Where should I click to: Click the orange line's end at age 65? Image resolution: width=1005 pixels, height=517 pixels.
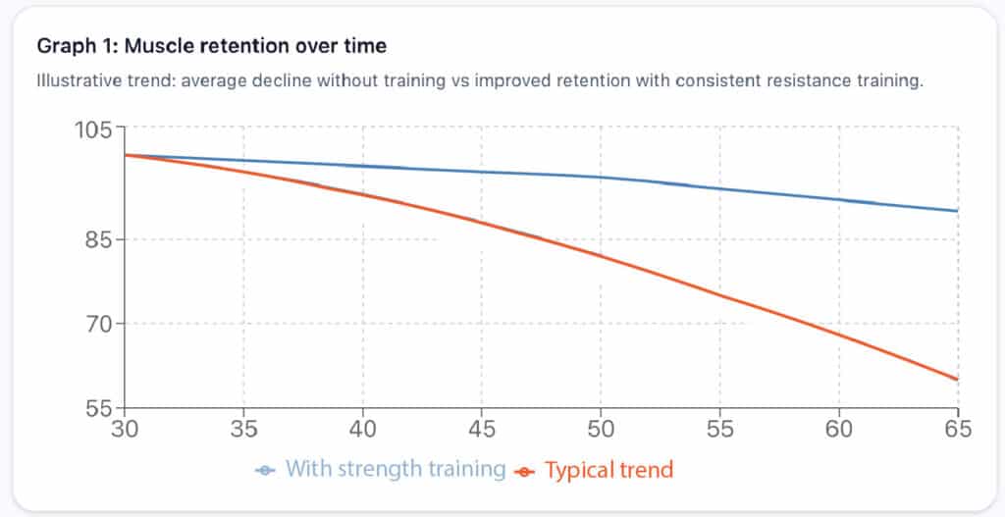click(957, 380)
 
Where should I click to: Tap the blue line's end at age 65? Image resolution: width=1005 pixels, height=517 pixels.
click(957, 211)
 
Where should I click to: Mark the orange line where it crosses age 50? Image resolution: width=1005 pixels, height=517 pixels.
click(601, 257)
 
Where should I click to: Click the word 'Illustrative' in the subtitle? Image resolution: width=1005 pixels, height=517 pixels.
click(79, 80)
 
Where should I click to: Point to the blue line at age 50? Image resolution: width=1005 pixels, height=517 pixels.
click(601, 178)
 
